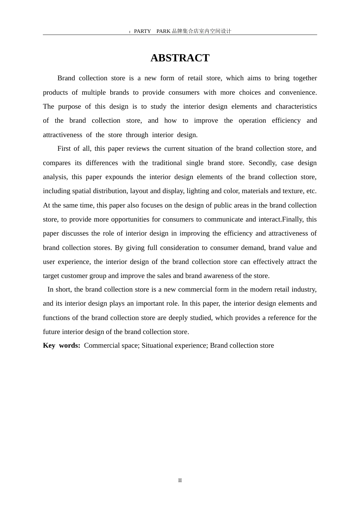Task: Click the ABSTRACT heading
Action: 180,58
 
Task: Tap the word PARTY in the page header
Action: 142,31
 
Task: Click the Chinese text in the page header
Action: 202,31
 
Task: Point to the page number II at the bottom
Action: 180,480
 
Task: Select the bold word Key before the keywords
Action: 49,345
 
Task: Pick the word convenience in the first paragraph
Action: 297,92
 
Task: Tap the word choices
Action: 250,92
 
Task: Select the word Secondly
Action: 263,163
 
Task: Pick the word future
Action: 52,332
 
